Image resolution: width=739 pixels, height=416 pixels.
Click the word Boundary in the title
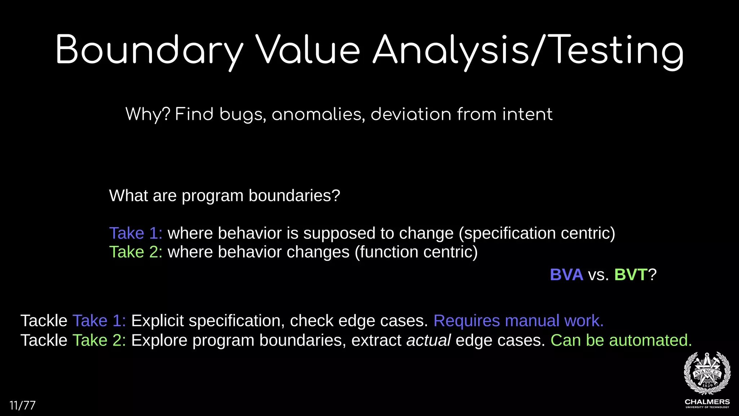tap(149, 51)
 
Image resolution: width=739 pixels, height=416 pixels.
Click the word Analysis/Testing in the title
tap(528, 51)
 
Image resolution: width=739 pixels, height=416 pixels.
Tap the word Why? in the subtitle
tap(148, 114)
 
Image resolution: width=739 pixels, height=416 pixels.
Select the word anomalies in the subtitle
tap(318, 114)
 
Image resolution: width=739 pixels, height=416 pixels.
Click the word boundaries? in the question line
tap(294, 196)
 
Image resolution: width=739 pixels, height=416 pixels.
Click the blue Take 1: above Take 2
tap(136, 233)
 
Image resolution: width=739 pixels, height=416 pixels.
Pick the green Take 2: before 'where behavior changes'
tap(136, 252)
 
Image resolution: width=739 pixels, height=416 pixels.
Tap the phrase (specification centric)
tap(537, 233)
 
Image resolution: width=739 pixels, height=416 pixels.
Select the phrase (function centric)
tap(416, 252)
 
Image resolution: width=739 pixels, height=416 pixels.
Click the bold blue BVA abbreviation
tap(566, 275)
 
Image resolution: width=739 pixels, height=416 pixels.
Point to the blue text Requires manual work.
tap(518, 321)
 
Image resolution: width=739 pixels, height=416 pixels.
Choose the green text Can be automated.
tap(621, 340)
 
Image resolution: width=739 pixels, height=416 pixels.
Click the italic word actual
tap(428, 340)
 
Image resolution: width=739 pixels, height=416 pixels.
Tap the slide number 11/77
tap(22, 406)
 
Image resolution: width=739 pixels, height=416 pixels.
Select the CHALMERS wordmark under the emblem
tap(707, 402)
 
